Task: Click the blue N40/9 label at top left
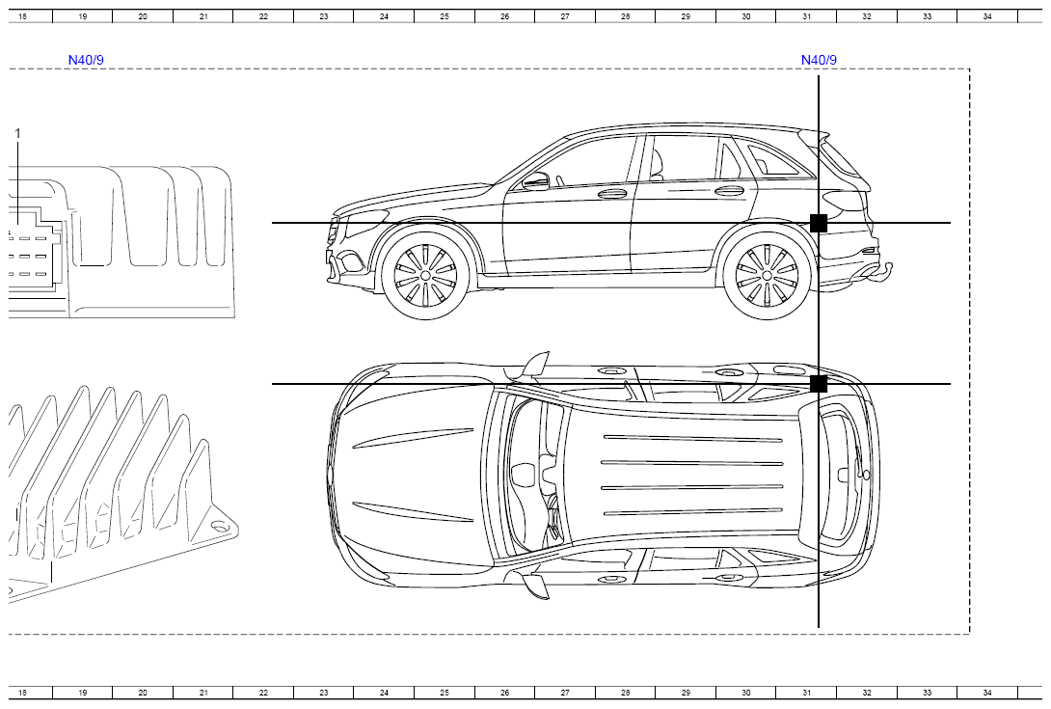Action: pos(86,60)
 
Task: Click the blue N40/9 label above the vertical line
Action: pos(819,60)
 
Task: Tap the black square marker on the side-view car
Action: pos(819,223)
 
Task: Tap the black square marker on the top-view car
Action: pos(819,384)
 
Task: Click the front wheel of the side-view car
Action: pos(425,275)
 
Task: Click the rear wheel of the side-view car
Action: pos(767,275)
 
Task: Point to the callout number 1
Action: pos(18,133)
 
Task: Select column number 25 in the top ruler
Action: pos(445,16)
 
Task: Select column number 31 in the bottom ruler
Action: pos(806,693)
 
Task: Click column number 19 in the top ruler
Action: pos(83,16)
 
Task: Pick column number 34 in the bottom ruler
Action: pos(987,693)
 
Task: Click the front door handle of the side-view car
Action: pos(611,194)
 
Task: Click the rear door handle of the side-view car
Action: pos(729,191)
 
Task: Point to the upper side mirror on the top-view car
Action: pos(536,365)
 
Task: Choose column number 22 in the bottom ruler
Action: pos(263,693)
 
